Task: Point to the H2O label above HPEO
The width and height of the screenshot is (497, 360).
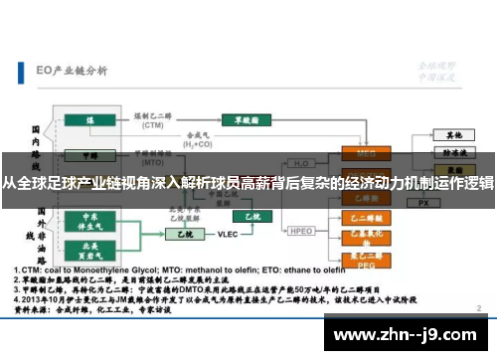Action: [x=301, y=164]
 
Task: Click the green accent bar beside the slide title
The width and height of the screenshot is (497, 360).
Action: [x=21, y=72]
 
